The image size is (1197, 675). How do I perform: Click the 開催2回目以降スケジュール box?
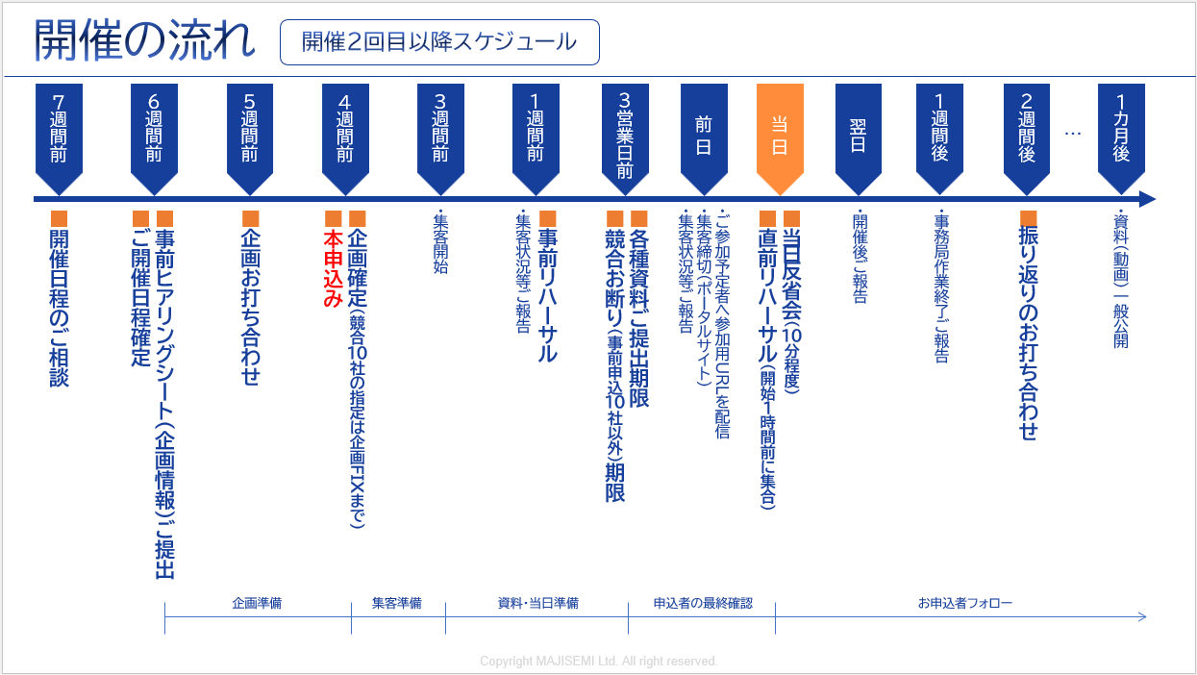click(x=439, y=42)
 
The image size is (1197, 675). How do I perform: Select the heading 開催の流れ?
click(x=145, y=40)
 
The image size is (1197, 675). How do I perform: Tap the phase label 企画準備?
click(x=257, y=604)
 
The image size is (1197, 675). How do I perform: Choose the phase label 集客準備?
click(x=397, y=604)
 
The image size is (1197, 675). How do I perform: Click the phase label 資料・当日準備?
click(x=537, y=604)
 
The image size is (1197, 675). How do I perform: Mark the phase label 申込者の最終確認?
click(x=702, y=604)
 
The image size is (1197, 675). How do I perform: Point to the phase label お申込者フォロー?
click(x=964, y=604)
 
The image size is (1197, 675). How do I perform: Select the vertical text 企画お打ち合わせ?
click(x=250, y=306)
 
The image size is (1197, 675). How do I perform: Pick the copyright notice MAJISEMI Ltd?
click(x=599, y=662)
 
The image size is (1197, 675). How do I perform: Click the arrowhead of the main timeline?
click(x=1147, y=199)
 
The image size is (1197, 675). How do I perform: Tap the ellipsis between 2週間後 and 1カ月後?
click(x=1073, y=134)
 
